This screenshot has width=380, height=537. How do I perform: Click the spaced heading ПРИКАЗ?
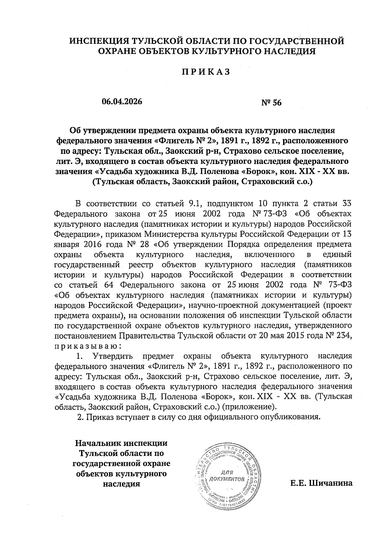[205, 72]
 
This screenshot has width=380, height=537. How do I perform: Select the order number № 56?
[271, 102]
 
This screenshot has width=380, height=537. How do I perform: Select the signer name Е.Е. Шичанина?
[321, 483]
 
